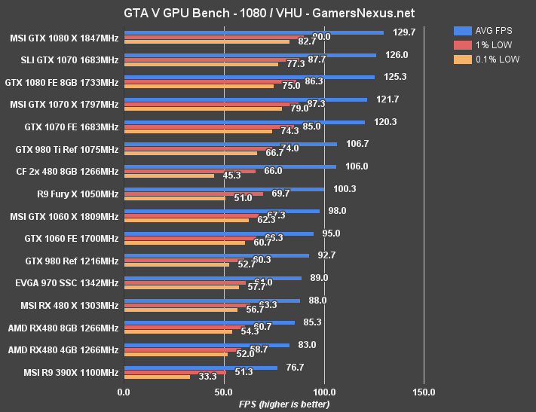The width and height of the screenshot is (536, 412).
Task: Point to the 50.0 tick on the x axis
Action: [224, 392]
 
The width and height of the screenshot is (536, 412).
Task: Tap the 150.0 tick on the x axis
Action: [424, 392]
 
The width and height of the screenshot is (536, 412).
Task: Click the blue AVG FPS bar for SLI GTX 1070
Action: [250, 54]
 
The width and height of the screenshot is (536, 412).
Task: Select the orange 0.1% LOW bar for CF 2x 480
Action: [169, 176]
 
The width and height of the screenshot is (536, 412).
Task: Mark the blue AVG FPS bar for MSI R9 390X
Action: [201, 368]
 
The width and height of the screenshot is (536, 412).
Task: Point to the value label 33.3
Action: [207, 377]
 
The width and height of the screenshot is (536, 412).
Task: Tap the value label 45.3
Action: [231, 175]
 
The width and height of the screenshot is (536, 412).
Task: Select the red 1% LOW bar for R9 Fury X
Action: [193, 194]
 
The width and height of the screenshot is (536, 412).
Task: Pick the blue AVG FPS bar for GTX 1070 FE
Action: [244, 122]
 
